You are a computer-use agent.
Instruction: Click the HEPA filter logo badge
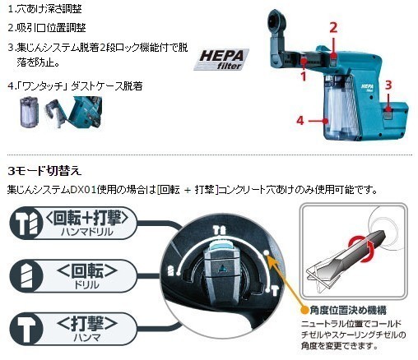(x=221, y=59)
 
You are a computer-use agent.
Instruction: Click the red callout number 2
(x=333, y=28)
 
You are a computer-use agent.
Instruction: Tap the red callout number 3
(x=388, y=85)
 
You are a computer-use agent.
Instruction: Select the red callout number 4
(x=300, y=121)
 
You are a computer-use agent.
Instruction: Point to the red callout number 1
(x=303, y=76)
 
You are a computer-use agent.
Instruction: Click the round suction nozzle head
(x=277, y=22)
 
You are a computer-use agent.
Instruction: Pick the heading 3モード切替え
(x=44, y=171)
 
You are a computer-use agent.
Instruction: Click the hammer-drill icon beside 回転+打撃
(x=27, y=222)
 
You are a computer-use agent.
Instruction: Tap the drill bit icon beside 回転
(x=27, y=275)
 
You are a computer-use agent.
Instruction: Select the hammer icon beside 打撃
(x=26, y=328)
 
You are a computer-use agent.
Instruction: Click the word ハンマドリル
(x=86, y=232)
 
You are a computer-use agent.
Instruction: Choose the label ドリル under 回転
(x=86, y=285)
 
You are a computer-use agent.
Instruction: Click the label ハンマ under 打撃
(x=86, y=338)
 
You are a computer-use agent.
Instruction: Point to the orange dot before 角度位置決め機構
(x=304, y=310)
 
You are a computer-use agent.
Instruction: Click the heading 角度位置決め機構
(x=348, y=311)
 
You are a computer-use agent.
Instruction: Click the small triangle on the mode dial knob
(x=221, y=269)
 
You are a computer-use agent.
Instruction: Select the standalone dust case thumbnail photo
(x=30, y=112)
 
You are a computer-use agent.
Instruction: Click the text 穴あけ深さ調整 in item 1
(x=49, y=9)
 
